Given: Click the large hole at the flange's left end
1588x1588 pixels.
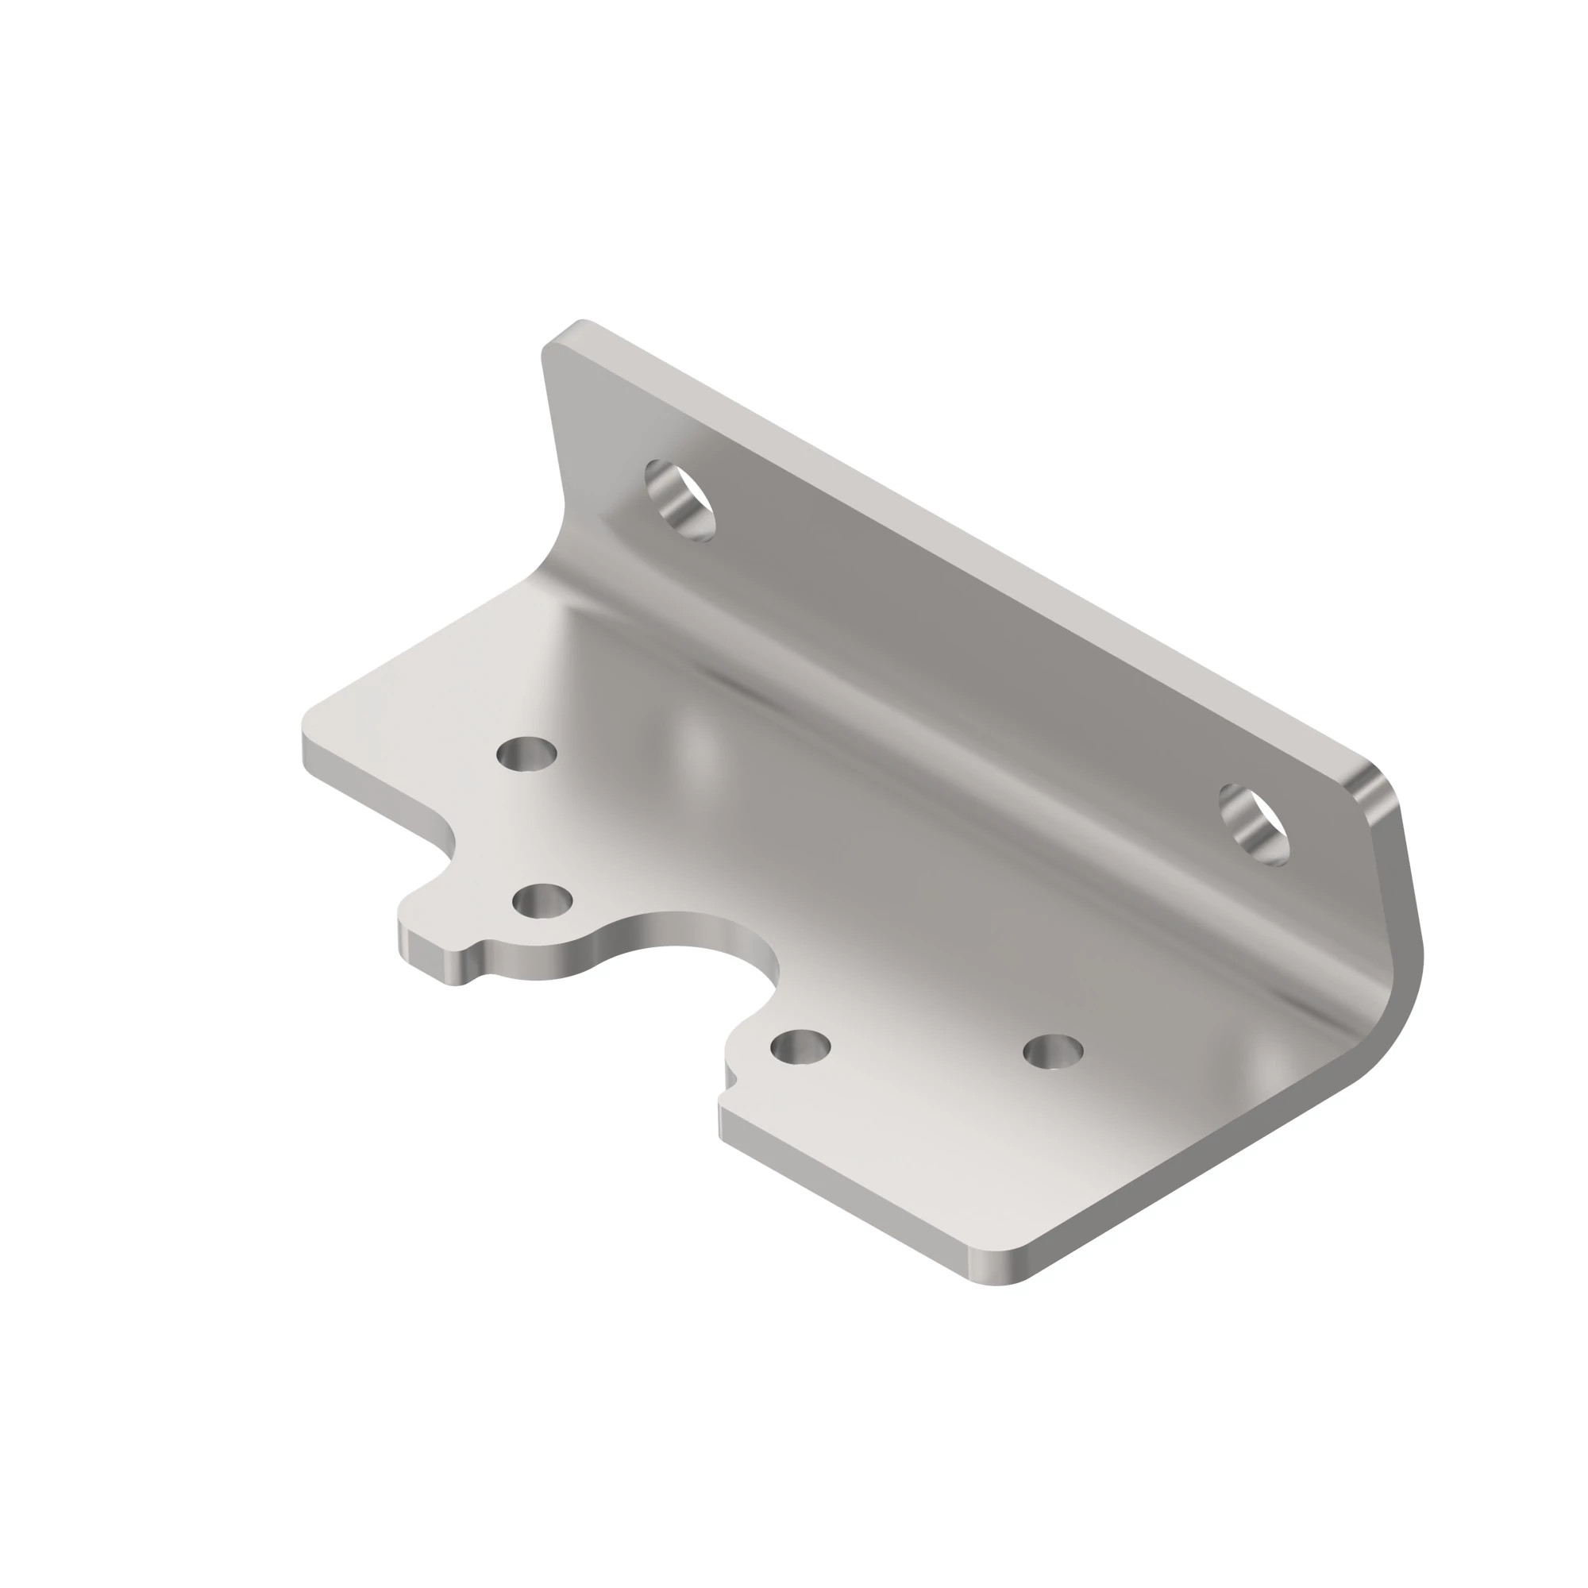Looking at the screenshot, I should click(x=679, y=500).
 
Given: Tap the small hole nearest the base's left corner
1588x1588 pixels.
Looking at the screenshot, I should click(x=527, y=753).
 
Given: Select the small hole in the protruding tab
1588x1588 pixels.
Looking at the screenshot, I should click(x=542, y=901).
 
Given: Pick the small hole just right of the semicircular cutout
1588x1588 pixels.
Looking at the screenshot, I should click(x=800, y=1046).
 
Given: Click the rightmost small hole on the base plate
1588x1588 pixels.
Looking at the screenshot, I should click(x=1052, y=1051).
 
